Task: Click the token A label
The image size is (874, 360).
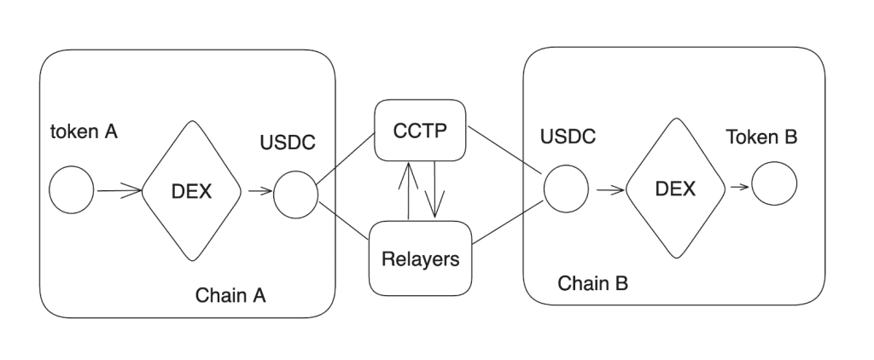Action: pyautogui.click(x=84, y=132)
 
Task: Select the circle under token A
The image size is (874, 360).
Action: pyautogui.click(x=72, y=190)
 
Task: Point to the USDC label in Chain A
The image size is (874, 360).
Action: pyautogui.click(x=288, y=142)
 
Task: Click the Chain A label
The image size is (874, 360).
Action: pyautogui.click(x=230, y=295)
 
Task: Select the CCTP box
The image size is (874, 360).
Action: pyautogui.click(x=422, y=131)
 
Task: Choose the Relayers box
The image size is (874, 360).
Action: pyautogui.click(x=420, y=258)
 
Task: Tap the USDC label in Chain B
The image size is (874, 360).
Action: pyautogui.click(x=568, y=136)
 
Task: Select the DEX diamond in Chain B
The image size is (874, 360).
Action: pyautogui.click(x=674, y=189)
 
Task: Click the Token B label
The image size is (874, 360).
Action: pyautogui.click(x=761, y=137)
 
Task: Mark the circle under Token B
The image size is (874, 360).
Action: pyautogui.click(x=774, y=184)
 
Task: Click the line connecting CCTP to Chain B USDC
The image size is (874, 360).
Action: pyautogui.click(x=505, y=149)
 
